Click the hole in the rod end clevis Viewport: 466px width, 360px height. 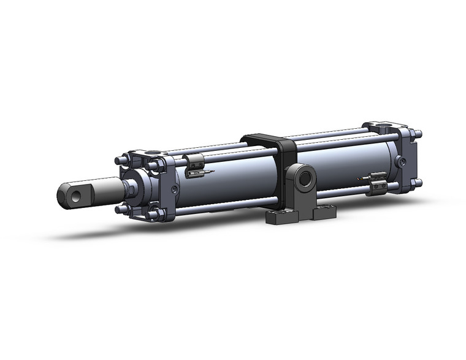click(75, 196)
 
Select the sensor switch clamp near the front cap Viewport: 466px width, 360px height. click(195, 164)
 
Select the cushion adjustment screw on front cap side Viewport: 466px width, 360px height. click(176, 191)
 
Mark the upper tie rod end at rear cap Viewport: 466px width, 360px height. click(419, 134)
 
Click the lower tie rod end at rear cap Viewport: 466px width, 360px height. click(419, 182)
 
